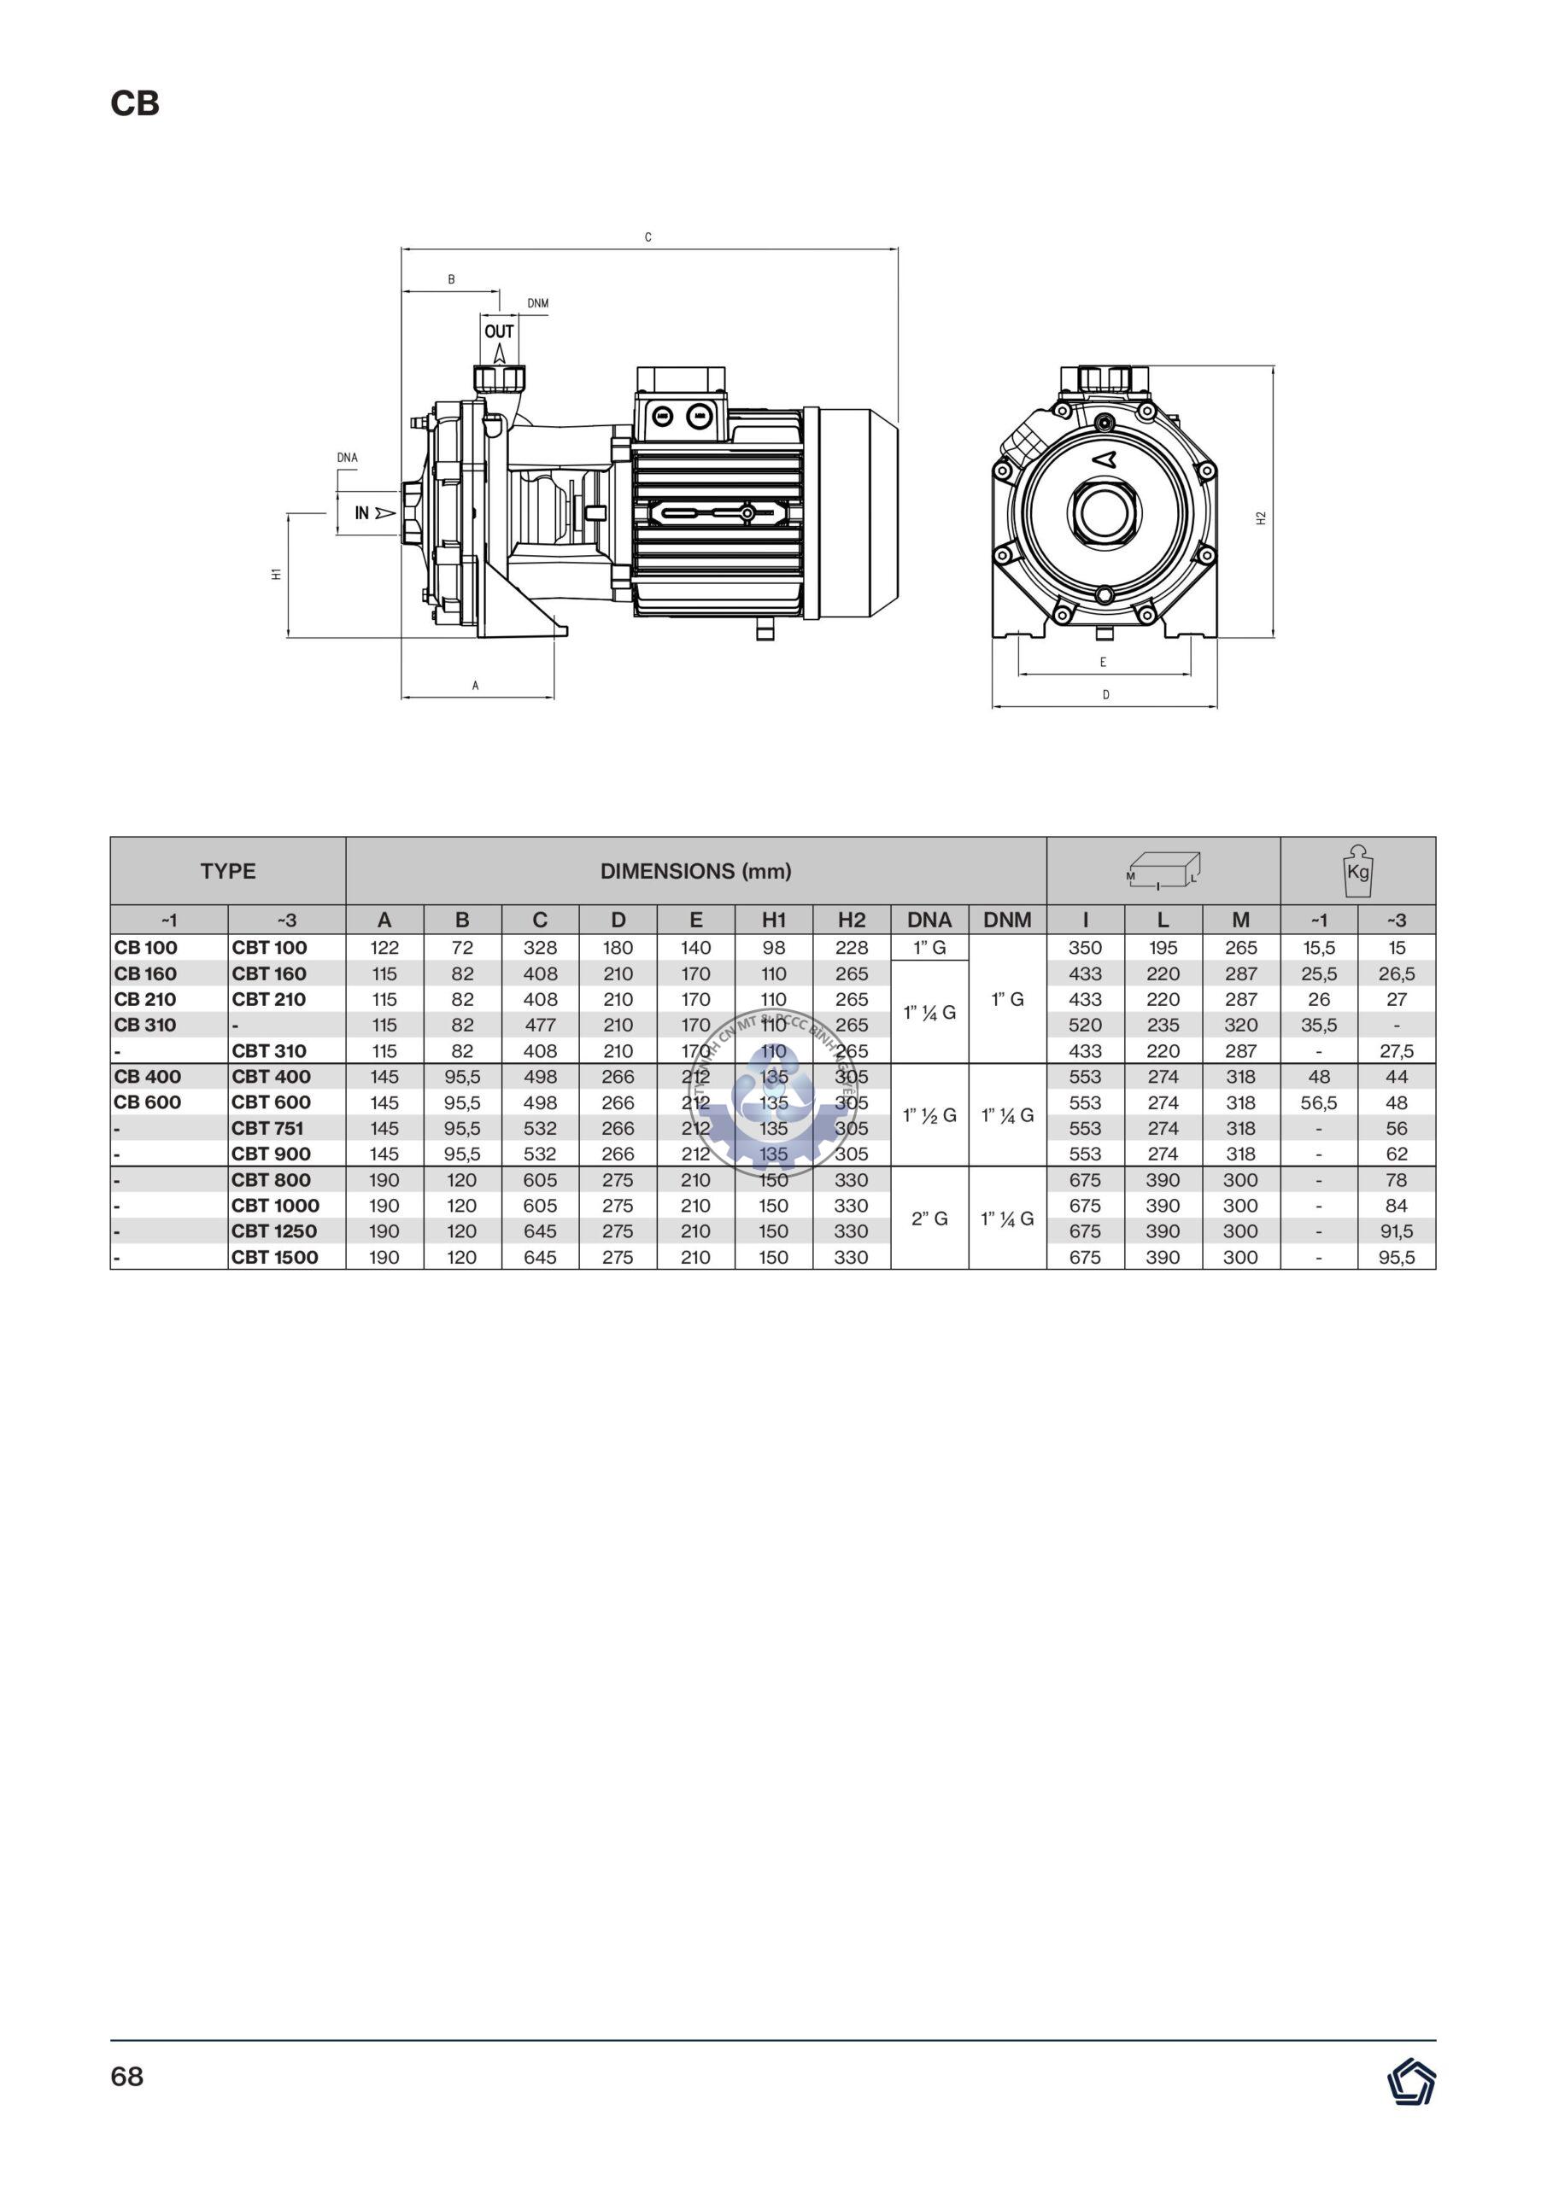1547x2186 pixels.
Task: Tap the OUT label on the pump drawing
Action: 498,331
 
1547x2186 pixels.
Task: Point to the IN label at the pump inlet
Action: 363,513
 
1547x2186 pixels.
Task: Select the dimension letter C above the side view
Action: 648,237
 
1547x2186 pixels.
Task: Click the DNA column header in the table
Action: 929,920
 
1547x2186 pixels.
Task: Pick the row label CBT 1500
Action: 274,1257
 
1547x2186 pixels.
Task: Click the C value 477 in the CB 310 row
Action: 540,1026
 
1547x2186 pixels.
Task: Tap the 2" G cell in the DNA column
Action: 929,1219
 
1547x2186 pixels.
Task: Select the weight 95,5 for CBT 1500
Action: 1396,1257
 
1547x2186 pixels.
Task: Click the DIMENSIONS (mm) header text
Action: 695,871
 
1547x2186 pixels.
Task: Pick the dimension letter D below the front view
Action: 1105,695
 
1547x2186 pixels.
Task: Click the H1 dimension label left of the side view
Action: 276,574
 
